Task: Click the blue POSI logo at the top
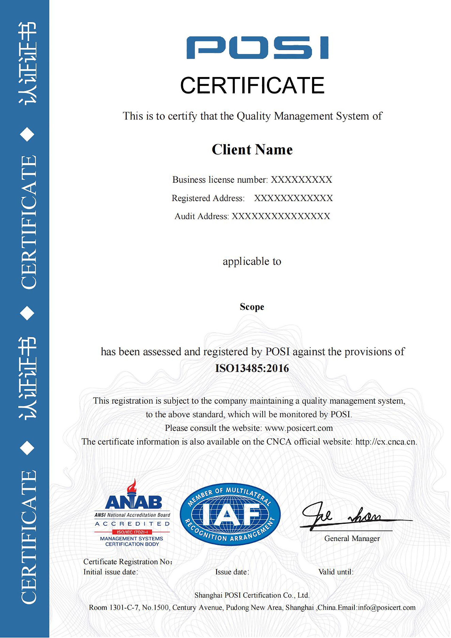257,47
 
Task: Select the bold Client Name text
252,149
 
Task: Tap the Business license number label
220,180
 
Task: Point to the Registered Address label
208,198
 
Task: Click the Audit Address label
201,216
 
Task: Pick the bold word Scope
252,307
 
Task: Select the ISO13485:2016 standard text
252,368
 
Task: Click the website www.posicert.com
299,428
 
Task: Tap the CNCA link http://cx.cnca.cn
386,442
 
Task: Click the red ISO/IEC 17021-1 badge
132,532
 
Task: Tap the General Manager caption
352,539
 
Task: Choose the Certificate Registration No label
128,562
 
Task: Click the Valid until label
336,572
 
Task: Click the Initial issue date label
111,572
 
